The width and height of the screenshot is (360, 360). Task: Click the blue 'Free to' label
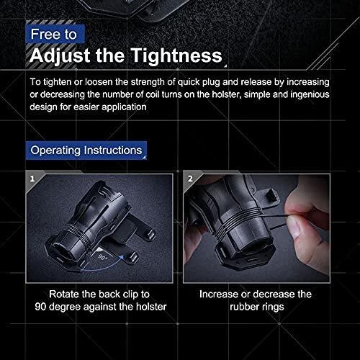click(x=55, y=34)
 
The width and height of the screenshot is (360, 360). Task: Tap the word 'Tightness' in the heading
click(x=176, y=55)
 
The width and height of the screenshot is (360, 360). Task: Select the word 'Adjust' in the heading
click(x=60, y=56)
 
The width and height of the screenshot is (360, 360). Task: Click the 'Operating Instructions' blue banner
click(x=86, y=150)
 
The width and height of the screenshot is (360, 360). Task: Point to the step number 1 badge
click(x=32, y=179)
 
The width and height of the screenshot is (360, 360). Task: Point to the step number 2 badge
click(x=190, y=179)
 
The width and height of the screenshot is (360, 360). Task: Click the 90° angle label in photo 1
click(x=103, y=257)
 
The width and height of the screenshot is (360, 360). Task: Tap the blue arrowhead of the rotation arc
click(x=122, y=258)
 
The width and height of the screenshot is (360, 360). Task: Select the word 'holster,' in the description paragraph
click(x=226, y=94)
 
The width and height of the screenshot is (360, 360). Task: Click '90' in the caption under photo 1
click(x=40, y=307)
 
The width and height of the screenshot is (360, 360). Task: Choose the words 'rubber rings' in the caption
click(x=256, y=307)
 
